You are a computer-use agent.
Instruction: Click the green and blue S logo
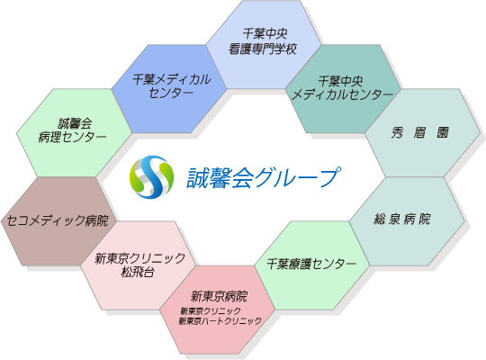point(151,177)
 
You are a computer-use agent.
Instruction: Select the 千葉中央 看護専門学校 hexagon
point(264,44)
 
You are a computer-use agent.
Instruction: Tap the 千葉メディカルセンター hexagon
point(169,89)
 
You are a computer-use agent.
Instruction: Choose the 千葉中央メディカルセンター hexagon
point(343,89)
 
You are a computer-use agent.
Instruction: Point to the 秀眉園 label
point(419,132)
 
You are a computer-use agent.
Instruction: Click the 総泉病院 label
point(402,219)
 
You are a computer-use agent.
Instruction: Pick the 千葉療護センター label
point(311,264)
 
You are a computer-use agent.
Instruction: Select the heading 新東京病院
point(219,296)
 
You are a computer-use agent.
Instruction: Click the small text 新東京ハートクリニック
point(220,321)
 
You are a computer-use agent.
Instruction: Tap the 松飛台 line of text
point(138,272)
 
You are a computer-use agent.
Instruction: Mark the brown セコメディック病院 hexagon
point(58,221)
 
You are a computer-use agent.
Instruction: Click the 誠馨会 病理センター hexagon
point(75,132)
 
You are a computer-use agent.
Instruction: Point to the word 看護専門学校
point(263,49)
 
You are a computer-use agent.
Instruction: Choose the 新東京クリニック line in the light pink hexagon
point(139,258)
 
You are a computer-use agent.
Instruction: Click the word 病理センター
point(73,137)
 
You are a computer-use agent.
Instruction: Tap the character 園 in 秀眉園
point(443,132)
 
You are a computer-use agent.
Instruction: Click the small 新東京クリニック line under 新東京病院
point(211,311)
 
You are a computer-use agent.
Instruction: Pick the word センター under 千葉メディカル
point(171,93)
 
